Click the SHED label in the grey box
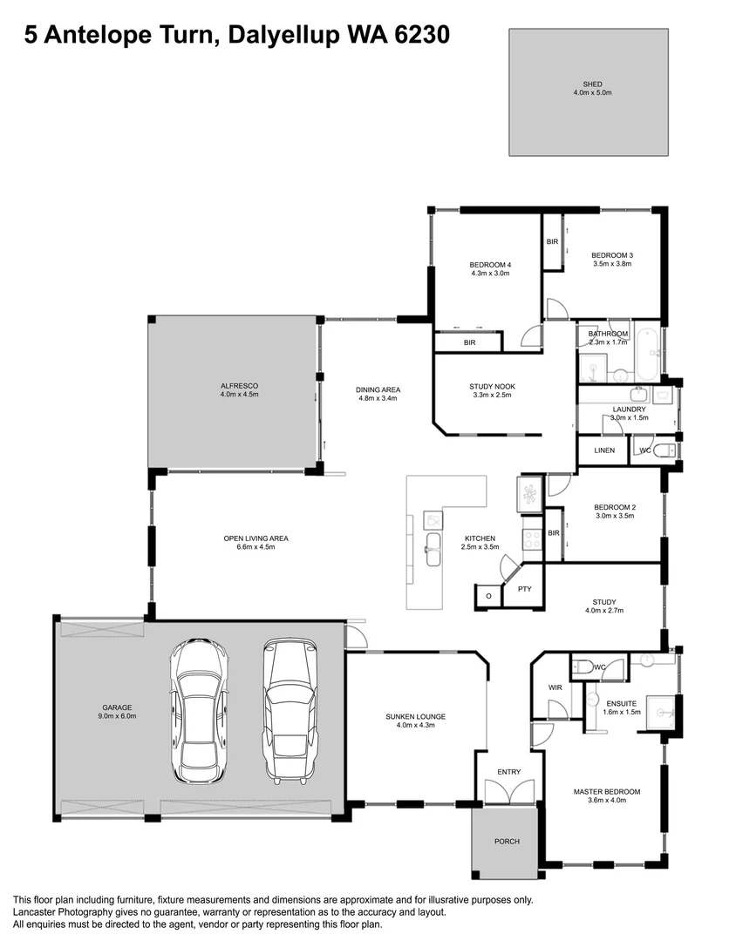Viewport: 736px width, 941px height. pos(587,85)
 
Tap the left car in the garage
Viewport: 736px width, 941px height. pos(200,710)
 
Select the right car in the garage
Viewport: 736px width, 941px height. pos(288,710)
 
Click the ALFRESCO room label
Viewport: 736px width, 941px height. pos(239,385)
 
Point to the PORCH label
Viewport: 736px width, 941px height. pos(507,841)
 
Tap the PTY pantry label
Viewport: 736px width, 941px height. pos(524,589)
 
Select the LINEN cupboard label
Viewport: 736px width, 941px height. pos(604,450)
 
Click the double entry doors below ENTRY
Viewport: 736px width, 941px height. pos(508,792)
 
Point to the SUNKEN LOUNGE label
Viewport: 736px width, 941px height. pos(416,716)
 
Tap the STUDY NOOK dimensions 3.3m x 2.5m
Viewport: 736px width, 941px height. pos(492,395)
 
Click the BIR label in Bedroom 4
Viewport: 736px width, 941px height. pos(469,343)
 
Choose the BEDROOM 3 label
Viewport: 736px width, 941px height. pos(612,255)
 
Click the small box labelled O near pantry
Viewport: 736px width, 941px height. pos(488,596)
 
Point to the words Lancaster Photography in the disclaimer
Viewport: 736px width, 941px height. pos(65,912)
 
